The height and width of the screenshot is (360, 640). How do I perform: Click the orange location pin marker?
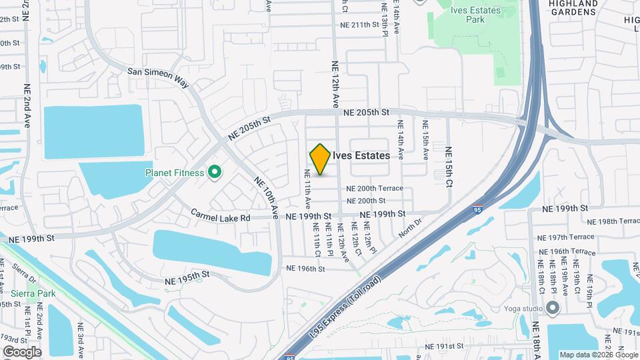pos(320,159)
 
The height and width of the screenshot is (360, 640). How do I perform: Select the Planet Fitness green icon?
pos(214,173)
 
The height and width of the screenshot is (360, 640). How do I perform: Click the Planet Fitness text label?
pos(175,173)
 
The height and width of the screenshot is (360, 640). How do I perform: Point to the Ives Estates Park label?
pos(475,15)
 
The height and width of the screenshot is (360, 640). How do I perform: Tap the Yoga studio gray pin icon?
pos(552,308)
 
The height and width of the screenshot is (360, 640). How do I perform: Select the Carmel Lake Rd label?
pos(220,216)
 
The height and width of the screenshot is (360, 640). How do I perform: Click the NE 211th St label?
pos(363,25)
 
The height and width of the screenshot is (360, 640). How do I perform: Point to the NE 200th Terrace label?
pos(375,188)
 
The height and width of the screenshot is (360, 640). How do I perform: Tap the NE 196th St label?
pos(305,269)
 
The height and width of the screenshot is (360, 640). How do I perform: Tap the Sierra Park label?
pos(28,293)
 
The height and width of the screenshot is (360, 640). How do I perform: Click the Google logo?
pos(22,352)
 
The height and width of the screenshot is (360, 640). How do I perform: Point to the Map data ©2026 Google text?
pos(598,355)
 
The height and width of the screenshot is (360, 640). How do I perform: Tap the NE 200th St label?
pos(367,201)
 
